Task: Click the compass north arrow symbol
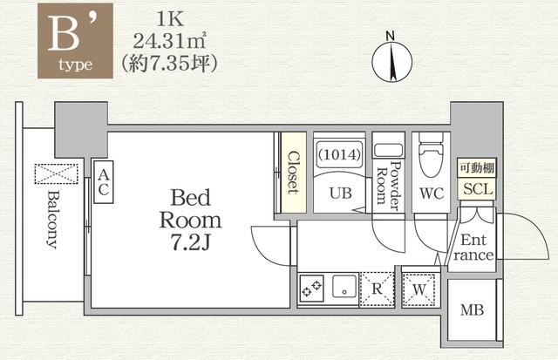391,60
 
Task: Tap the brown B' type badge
76,41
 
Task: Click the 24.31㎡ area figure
169,42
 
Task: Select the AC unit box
104,182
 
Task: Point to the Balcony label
52,220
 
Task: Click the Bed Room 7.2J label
190,220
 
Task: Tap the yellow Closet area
294,173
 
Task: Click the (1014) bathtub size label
339,155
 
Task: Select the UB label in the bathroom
341,194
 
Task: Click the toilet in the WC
431,154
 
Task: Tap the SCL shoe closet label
478,189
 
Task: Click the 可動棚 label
477,167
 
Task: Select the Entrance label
473,248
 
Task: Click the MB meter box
472,309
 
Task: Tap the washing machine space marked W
419,289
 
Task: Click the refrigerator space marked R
377,289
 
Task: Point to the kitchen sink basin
344,286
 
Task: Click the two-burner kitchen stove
311,289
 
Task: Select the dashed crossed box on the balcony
56,174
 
